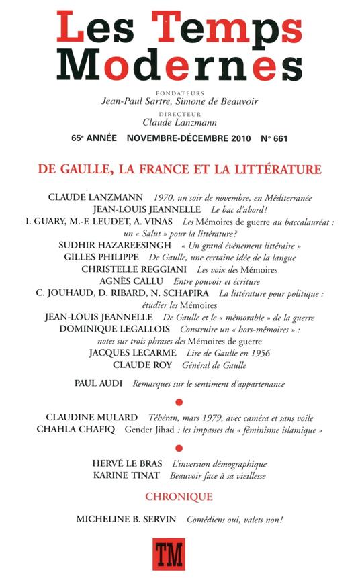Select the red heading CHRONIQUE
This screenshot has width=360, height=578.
(180, 497)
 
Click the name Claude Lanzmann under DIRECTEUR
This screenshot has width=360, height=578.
(179, 122)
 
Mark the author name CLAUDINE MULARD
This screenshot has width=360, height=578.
(93, 416)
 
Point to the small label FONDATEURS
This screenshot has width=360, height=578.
(179, 92)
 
